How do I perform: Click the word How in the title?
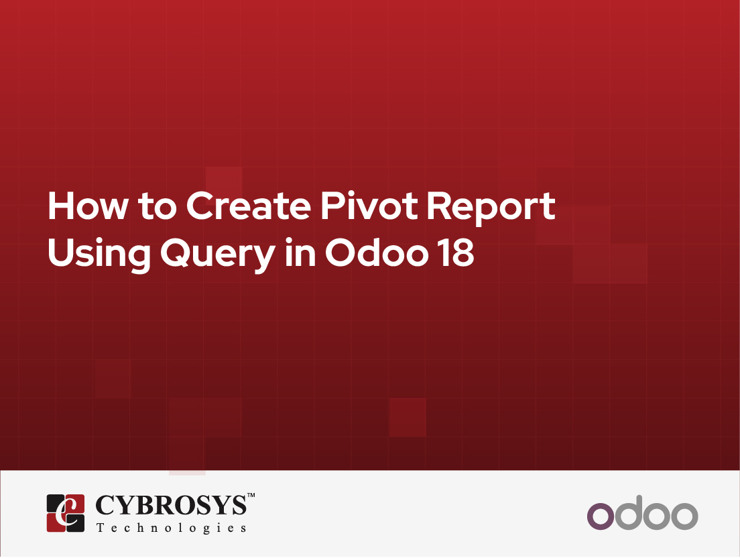click(88, 206)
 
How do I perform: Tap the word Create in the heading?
click(249, 206)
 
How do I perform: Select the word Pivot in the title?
click(369, 206)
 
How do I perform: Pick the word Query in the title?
click(218, 255)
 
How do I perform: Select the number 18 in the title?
click(457, 253)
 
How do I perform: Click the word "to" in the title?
click(157, 208)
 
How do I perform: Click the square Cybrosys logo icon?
click(66, 513)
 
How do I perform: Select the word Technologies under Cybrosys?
click(172, 528)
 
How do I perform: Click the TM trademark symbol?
click(251, 495)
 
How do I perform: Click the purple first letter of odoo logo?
click(601, 516)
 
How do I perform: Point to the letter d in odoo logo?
click(628, 512)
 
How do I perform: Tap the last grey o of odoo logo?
click(684, 516)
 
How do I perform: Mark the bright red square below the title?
click(408, 417)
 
